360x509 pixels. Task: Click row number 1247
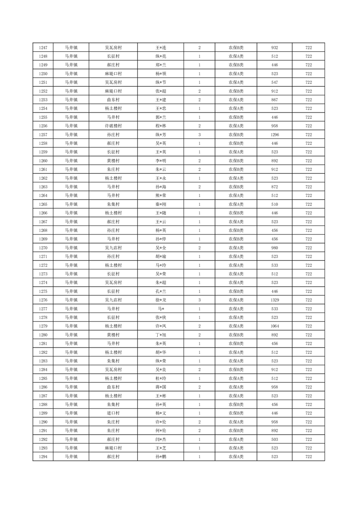click(43, 48)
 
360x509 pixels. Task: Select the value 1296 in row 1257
click(274, 135)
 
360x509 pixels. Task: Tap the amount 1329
click(274, 300)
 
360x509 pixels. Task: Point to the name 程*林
click(161, 126)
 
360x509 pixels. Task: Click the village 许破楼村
click(113, 126)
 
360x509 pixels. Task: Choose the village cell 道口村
click(113, 413)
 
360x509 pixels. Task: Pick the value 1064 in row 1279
click(274, 326)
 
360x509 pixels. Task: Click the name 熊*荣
click(161, 196)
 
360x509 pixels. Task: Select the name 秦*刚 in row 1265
click(161, 204)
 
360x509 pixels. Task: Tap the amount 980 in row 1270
click(274, 248)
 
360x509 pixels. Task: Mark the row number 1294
click(43, 457)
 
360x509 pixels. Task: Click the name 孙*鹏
click(161, 457)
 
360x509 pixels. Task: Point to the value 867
click(274, 100)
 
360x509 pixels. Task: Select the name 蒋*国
click(161, 387)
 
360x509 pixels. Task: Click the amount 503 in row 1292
click(274, 439)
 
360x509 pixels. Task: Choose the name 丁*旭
click(161, 335)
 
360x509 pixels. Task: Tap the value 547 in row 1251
click(274, 83)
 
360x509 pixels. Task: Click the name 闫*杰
click(161, 439)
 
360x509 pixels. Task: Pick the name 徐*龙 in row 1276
click(161, 300)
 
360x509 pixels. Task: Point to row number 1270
click(43, 248)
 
